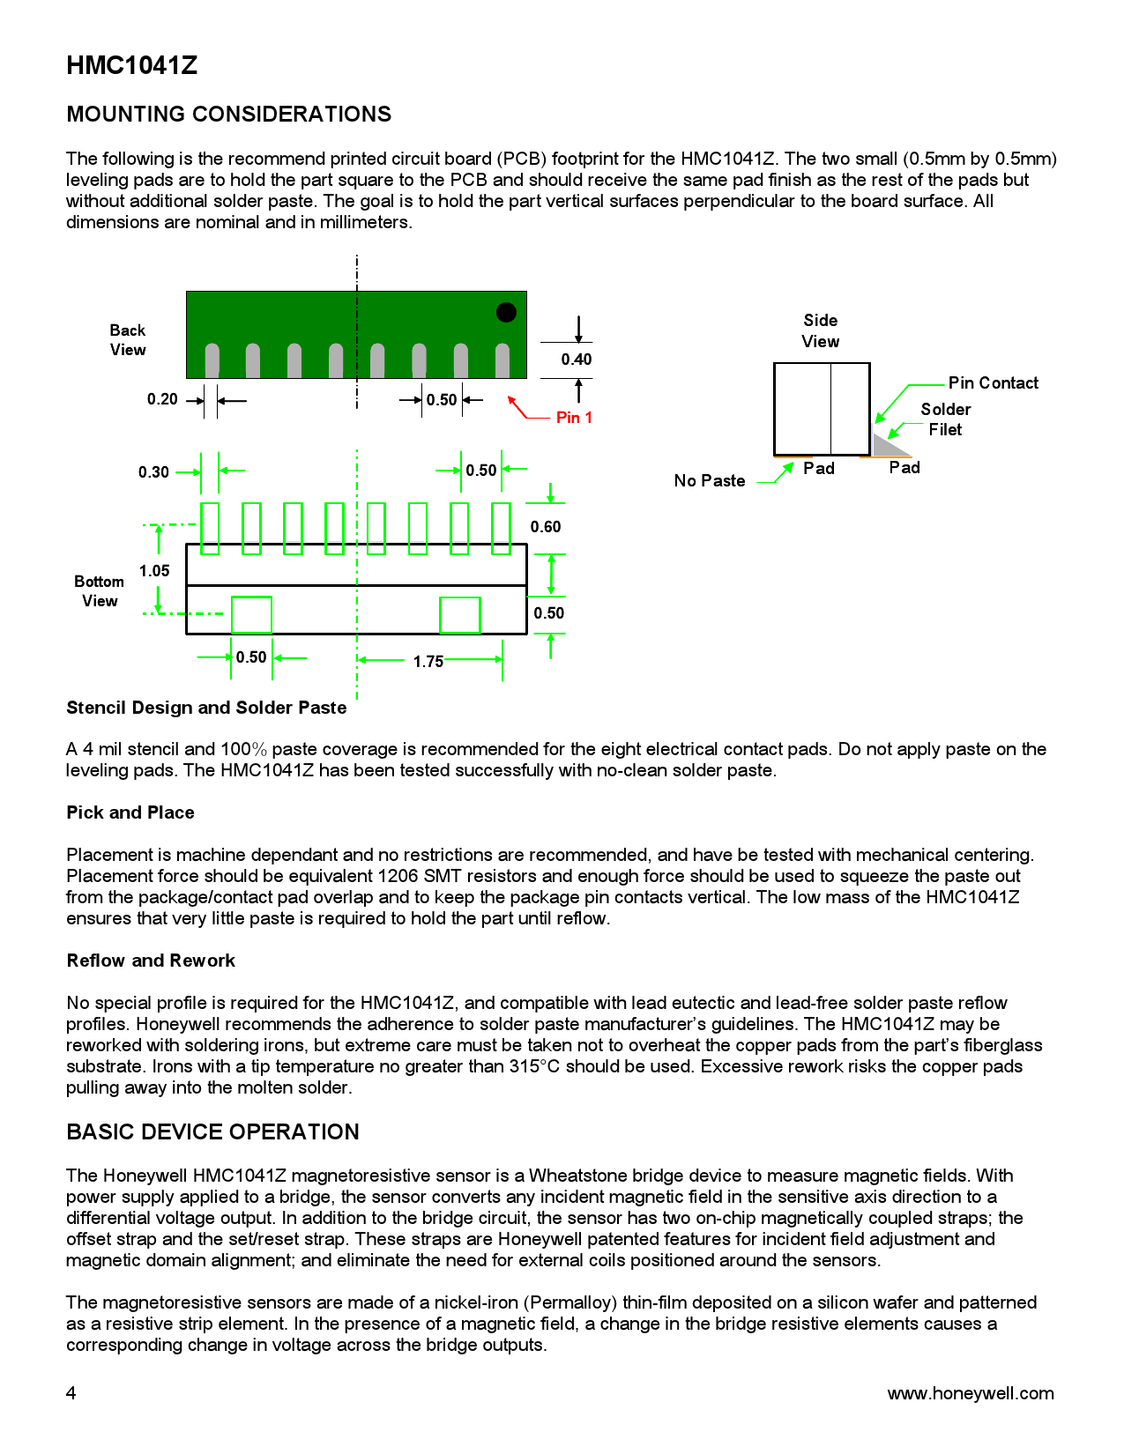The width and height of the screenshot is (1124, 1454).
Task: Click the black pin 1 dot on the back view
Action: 506,312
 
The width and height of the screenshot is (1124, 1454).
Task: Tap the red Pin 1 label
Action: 574,418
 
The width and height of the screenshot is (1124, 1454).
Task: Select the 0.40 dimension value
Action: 577,360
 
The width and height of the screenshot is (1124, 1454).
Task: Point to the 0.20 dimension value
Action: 162,399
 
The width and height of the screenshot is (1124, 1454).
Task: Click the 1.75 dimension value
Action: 428,662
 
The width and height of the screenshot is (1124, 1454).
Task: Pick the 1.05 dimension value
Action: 154,571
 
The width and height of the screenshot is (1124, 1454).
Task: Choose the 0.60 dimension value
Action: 546,527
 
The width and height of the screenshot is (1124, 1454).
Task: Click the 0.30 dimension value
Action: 153,472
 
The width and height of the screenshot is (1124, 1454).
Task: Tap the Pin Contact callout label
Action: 993,383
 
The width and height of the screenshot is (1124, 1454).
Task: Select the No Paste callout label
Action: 710,481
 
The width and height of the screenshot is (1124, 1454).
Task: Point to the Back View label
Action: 128,340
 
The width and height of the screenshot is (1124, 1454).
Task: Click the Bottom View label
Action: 100,591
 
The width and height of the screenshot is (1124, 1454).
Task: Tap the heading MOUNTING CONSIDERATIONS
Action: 229,115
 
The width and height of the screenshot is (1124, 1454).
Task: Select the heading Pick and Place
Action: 130,812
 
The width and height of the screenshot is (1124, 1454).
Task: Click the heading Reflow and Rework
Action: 151,961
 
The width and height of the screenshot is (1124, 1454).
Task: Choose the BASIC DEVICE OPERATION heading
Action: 212,1132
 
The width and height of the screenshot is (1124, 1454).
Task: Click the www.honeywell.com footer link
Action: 970,1393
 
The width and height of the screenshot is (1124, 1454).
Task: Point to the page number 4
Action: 71,1393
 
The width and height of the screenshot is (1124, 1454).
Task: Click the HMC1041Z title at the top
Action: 132,66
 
